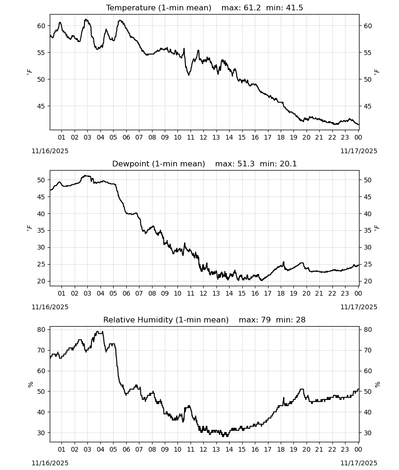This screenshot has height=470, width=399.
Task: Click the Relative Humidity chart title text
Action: click(166, 320)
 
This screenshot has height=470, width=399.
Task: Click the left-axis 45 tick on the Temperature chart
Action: click(41, 106)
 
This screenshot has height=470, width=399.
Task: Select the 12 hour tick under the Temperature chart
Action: click(203, 137)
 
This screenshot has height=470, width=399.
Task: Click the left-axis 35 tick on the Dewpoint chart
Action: click(41, 230)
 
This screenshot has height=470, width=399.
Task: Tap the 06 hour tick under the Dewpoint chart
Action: click(126, 293)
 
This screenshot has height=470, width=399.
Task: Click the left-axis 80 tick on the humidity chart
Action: click(41, 329)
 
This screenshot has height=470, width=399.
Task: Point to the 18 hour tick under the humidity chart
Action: click(281, 449)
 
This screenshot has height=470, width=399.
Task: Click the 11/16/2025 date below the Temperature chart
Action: click(50, 151)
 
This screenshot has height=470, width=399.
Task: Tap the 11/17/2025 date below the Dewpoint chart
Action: click(359, 307)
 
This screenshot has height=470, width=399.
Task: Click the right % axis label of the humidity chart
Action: click(377, 384)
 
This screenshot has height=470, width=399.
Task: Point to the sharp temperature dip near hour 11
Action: click(189, 75)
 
